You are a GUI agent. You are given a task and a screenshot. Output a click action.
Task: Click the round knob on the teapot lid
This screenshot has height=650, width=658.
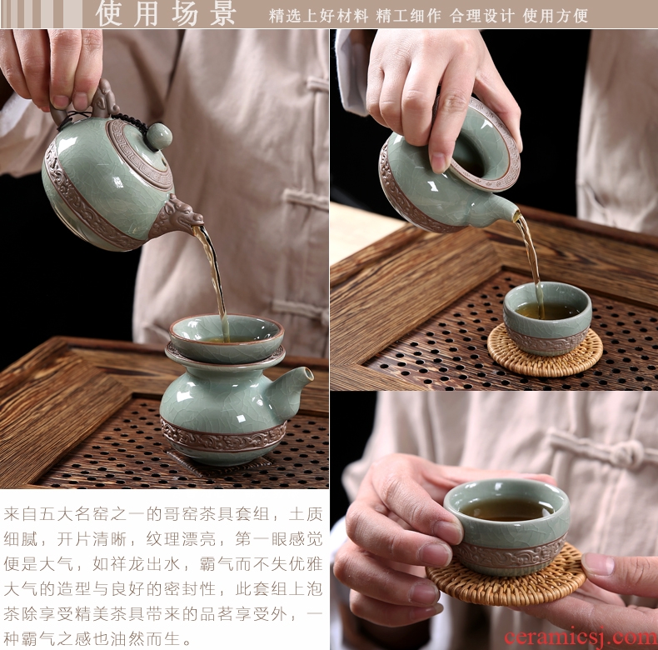coord(159,135)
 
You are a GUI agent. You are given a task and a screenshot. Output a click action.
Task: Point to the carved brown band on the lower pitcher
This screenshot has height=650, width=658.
coord(223,435)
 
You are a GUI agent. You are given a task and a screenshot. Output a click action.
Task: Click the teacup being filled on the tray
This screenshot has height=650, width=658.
coord(547,317)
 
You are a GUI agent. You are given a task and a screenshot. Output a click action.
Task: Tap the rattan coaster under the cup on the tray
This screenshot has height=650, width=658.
coord(545,351)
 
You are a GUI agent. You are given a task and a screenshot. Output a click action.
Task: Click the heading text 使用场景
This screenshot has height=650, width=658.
coord(167,14)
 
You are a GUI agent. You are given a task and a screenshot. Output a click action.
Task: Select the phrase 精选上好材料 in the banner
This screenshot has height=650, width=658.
coord(318,16)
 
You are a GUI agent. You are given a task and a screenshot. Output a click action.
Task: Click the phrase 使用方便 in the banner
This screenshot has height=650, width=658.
coord(555,16)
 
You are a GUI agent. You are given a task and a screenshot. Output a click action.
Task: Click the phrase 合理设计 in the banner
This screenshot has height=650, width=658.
coord(481,16)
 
